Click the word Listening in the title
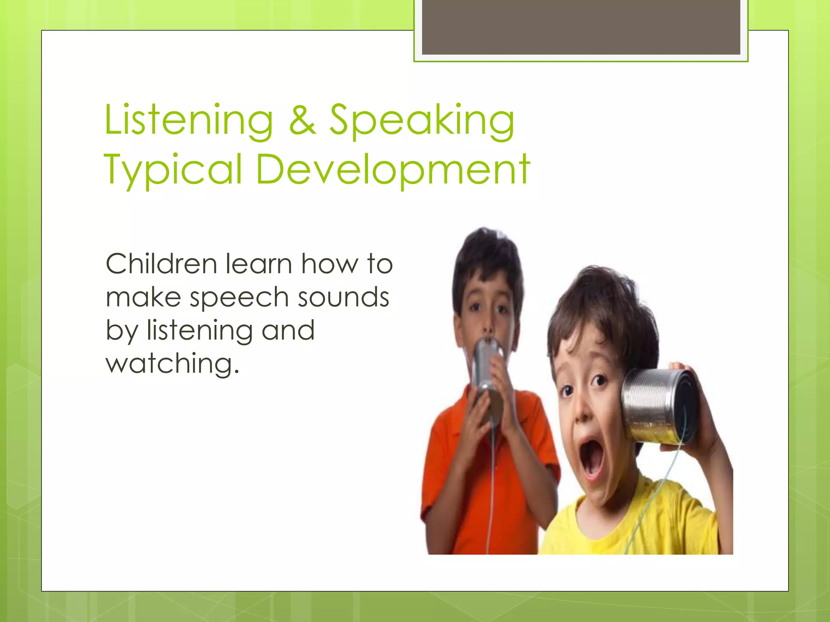(188, 121)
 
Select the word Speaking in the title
(421, 121)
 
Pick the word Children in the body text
(161, 264)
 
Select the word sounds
(343, 297)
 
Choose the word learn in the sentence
(259, 264)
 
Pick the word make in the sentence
(143, 297)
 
